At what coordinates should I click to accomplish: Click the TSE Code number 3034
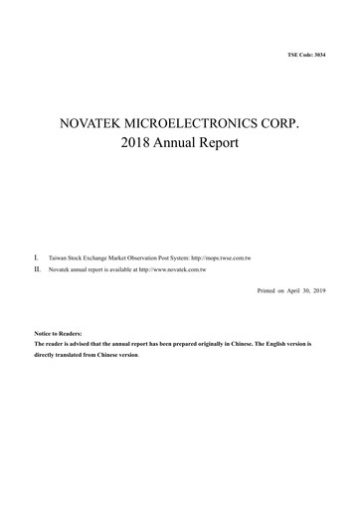(318, 53)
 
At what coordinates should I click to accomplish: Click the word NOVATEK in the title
(98, 126)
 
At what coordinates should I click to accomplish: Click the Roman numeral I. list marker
(37, 257)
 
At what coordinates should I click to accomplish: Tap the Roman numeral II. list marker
(38, 268)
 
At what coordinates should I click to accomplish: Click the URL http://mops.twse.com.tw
(220, 258)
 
